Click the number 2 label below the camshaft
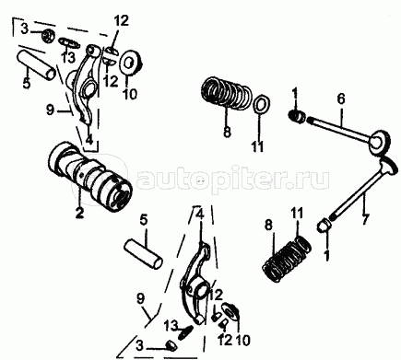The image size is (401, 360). [x=79, y=212]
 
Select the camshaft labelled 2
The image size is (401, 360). [x=90, y=178]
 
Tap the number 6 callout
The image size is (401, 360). [x=340, y=99]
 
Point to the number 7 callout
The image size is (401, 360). [x=366, y=219]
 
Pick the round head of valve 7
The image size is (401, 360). [x=389, y=164]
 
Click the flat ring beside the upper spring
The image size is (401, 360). [x=262, y=104]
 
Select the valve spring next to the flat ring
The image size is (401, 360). [x=227, y=93]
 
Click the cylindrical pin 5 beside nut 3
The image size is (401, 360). [x=36, y=65]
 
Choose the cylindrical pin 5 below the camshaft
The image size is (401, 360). [x=143, y=253]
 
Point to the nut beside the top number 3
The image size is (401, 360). [x=48, y=35]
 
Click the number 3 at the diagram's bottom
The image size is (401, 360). [x=139, y=346]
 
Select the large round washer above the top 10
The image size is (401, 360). [x=132, y=63]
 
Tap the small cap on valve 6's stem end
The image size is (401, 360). [x=298, y=117]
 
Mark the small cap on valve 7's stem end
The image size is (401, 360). [x=324, y=226]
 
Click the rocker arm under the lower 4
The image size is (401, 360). [x=196, y=282]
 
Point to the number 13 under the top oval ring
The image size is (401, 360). [x=68, y=57]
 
